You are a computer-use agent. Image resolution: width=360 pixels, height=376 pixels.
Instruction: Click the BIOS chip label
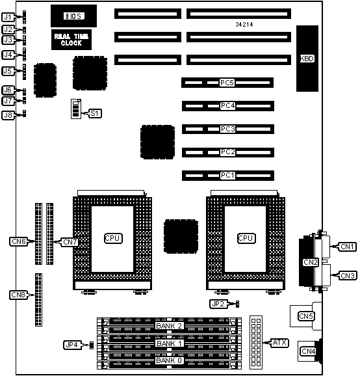[x=74, y=16]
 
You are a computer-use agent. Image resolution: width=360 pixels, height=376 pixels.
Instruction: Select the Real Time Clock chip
[x=71, y=40]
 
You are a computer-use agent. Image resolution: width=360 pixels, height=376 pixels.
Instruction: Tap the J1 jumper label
[x=8, y=17]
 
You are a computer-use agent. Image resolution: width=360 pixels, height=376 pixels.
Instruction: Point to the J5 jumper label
[x=8, y=71]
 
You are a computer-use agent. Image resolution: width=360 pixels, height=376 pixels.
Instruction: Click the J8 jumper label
[x=8, y=115]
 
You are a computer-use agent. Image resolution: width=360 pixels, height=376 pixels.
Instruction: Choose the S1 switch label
[x=95, y=113]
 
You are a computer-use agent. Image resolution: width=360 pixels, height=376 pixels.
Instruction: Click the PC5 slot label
[x=227, y=83]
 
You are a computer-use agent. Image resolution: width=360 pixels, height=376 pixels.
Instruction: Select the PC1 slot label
[x=227, y=175]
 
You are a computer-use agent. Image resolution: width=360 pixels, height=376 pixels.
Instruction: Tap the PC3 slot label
[x=227, y=129]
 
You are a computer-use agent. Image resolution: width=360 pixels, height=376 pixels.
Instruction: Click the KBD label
[x=307, y=59]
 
